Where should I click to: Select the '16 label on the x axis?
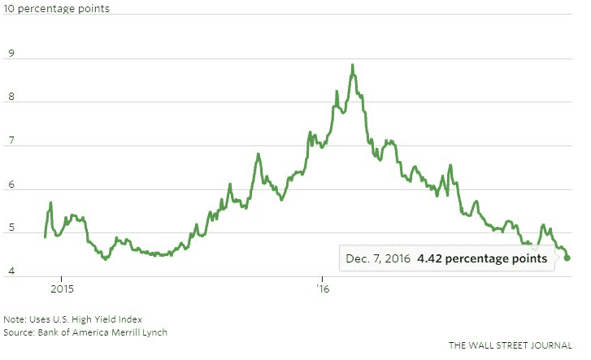click(x=321, y=289)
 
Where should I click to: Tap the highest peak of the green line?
click(x=352, y=65)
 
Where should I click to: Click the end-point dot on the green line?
click(x=567, y=258)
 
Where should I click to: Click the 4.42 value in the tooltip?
click(x=431, y=258)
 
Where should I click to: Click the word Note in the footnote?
click(x=14, y=319)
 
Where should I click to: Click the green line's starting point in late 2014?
click(x=45, y=236)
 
